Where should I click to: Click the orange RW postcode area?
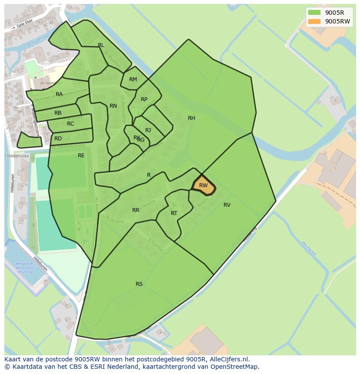[x=203, y=185]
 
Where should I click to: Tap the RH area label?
[x=191, y=118]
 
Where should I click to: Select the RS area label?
[x=139, y=284]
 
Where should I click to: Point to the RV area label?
[x=227, y=205]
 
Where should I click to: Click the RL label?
[x=101, y=45]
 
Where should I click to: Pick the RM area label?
[x=133, y=79]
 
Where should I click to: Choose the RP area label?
[x=144, y=99]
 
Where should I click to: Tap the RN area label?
[x=113, y=106]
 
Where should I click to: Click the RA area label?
[x=59, y=94]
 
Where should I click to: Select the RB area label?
[x=58, y=113]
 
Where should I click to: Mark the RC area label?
[x=70, y=124]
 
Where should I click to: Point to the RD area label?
[x=58, y=139]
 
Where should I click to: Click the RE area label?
[x=81, y=156]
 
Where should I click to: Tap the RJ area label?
[x=148, y=130]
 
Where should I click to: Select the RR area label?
[x=136, y=210]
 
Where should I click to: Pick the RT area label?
[x=174, y=213]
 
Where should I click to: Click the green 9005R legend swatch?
[x=314, y=13]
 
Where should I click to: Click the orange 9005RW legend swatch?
[x=314, y=21]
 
